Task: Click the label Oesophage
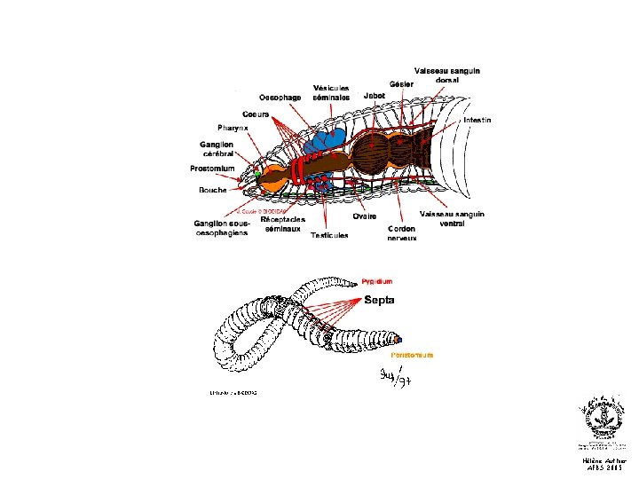coord(279,98)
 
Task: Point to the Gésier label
coord(401,83)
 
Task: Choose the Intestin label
coord(477,120)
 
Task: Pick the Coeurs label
coord(256,114)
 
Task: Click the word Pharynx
coord(233,128)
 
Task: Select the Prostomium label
coord(212,169)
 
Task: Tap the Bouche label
coord(213,190)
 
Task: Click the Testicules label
coord(329,235)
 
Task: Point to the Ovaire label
coord(364,216)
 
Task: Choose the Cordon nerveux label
coord(402,232)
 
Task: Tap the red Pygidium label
coord(376,281)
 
